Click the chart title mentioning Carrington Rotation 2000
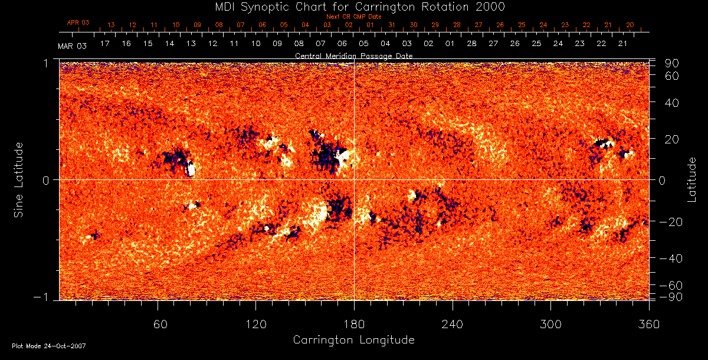(x=353, y=6)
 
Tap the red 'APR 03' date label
(x=78, y=22)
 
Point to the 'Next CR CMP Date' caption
(x=354, y=17)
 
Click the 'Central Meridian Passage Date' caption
(x=353, y=55)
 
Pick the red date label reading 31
(x=392, y=25)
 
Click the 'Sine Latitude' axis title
(x=19, y=179)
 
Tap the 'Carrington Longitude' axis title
(x=353, y=340)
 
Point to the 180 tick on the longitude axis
(x=354, y=324)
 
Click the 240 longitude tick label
(x=453, y=324)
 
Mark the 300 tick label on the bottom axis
(x=550, y=324)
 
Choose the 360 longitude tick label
(x=649, y=324)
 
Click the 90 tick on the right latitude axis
(x=673, y=63)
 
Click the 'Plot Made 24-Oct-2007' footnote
(x=49, y=345)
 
